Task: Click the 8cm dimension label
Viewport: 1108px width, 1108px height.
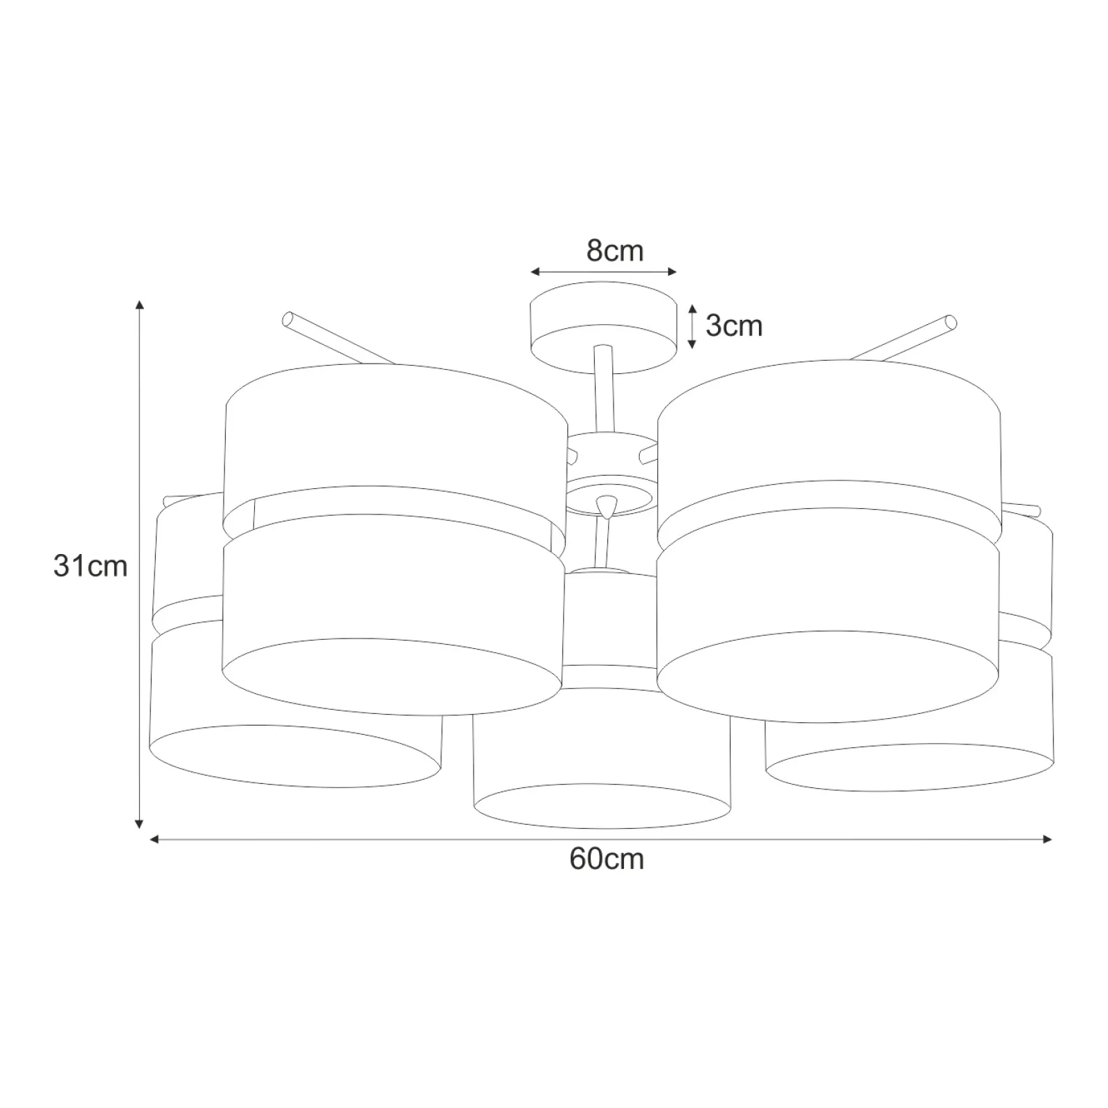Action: click(x=615, y=251)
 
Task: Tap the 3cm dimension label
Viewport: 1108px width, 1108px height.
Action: click(x=734, y=325)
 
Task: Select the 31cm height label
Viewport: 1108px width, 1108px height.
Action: click(x=91, y=566)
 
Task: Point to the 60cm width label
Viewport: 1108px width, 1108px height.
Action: click(x=607, y=859)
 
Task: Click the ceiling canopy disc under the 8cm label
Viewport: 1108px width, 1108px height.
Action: click(x=603, y=327)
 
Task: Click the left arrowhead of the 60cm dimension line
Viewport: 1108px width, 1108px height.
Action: click(x=155, y=839)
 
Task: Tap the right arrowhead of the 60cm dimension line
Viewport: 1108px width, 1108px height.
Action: click(x=1047, y=839)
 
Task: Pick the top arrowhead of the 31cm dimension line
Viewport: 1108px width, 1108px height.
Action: click(x=140, y=305)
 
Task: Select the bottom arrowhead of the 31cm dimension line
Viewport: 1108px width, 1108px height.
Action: click(x=139, y=824)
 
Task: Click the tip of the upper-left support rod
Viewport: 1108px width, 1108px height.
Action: click(x=288, y=319)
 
